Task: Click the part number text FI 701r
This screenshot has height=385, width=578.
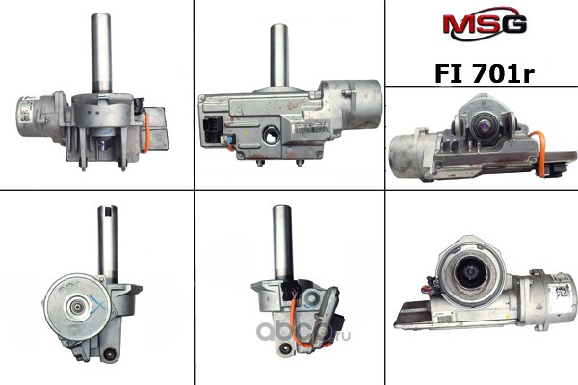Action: click(485, 73)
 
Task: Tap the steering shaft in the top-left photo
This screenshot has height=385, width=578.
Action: click(101, 54)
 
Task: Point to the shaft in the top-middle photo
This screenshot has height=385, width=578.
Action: click(278, 55)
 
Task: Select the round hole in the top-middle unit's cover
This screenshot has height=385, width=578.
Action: click(272, 136)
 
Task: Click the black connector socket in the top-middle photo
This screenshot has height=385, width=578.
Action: click(212, 130)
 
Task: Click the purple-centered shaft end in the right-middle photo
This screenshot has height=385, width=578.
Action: click(483, 126)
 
